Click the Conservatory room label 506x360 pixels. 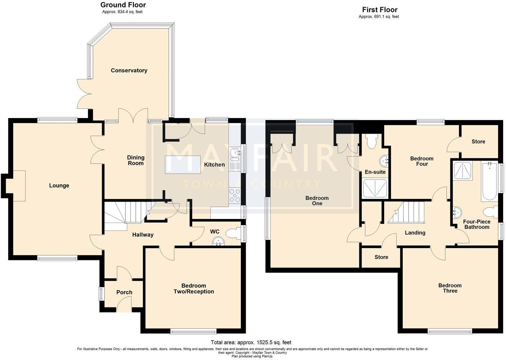(x=129, y=70)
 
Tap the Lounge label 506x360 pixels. (x=59, y=186)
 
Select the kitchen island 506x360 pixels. (x=178, y=164)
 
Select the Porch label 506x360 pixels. (x=124, y=292)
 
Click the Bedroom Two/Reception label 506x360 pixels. (x=194, y=289)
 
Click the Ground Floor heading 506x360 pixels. (x=123, y=5)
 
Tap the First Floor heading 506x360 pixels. (x=379, y=10)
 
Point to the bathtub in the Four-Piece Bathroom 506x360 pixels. (x=489, y=182)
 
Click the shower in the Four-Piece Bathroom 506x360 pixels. (x=463, y=171)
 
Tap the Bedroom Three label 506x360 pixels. (x=450, y=288)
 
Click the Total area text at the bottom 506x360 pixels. (x=251, y=342)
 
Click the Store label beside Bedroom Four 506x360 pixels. (x=478, y=142)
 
